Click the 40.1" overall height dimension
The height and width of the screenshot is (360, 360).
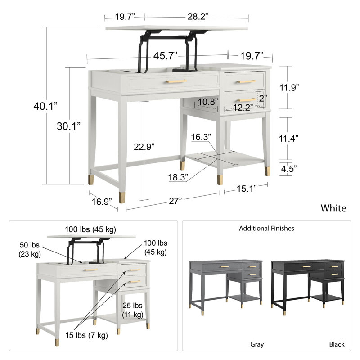46,107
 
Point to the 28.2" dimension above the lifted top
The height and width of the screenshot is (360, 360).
198,17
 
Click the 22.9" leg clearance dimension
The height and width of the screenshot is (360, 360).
144,146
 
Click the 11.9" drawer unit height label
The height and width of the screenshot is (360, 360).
288,88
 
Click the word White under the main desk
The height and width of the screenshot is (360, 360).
333,208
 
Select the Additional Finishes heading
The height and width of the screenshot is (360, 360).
266,229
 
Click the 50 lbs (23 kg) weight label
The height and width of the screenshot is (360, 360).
29,250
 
